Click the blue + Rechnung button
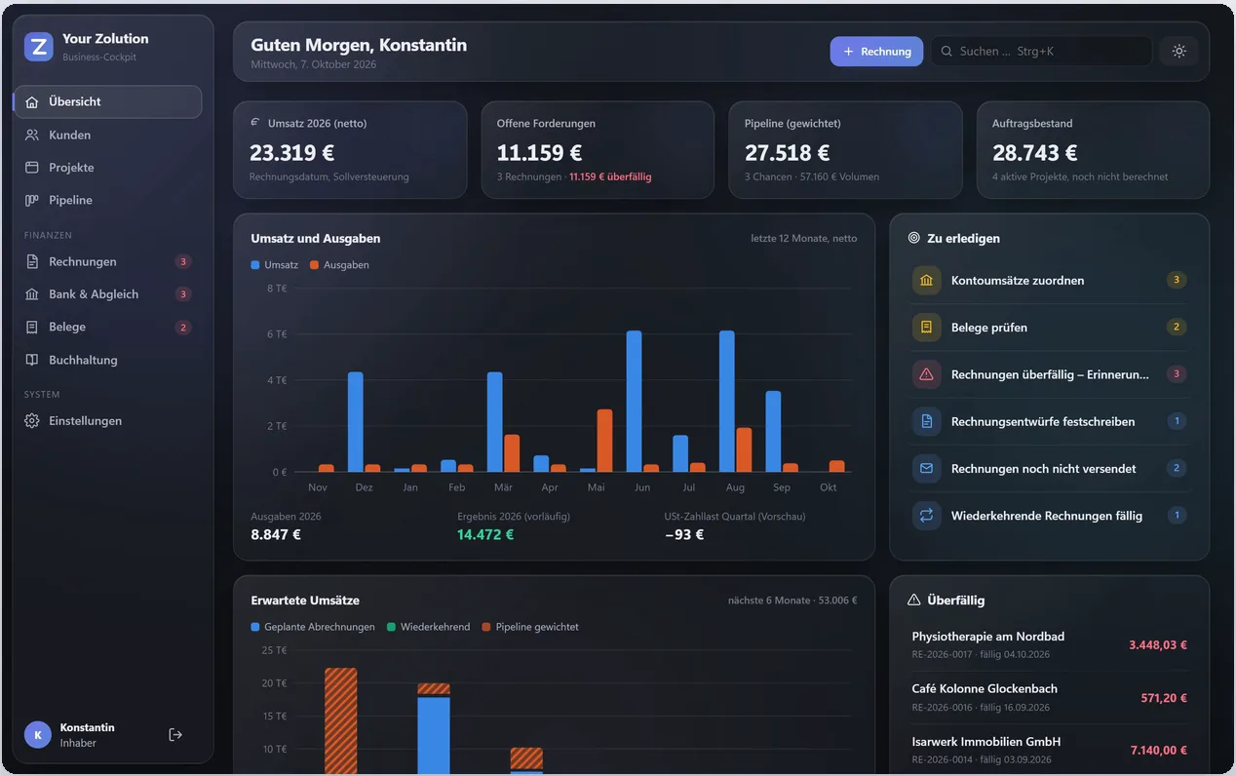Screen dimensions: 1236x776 [x=876, y=52]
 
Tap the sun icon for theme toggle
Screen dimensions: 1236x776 [x=1178, y=52]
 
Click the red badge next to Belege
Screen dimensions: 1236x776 [x=183, y=328]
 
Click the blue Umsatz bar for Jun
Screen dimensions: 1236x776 [x=634, y=402]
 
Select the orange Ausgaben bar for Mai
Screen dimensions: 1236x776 [x=604, y=441]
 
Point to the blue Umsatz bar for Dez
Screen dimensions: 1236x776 [x=356, y=422]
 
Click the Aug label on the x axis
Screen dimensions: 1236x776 [x=735, y=487]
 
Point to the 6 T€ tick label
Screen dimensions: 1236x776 [x=277, y=334]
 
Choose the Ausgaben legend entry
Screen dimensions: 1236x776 [x=339, y=265]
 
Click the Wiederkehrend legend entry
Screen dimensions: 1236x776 [x=429, y=627]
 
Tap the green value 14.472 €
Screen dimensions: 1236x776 [x=485, y=534]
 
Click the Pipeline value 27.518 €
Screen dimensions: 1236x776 [x=787, y=153]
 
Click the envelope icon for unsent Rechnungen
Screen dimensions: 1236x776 [x=926, y=468]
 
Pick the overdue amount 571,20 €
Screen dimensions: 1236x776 [x=1164, y=698]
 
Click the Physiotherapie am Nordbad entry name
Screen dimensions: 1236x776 [x=987, y=637]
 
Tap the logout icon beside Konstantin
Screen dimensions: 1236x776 [x=174, y=735]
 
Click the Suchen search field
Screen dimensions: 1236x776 [x=1041, y=52]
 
